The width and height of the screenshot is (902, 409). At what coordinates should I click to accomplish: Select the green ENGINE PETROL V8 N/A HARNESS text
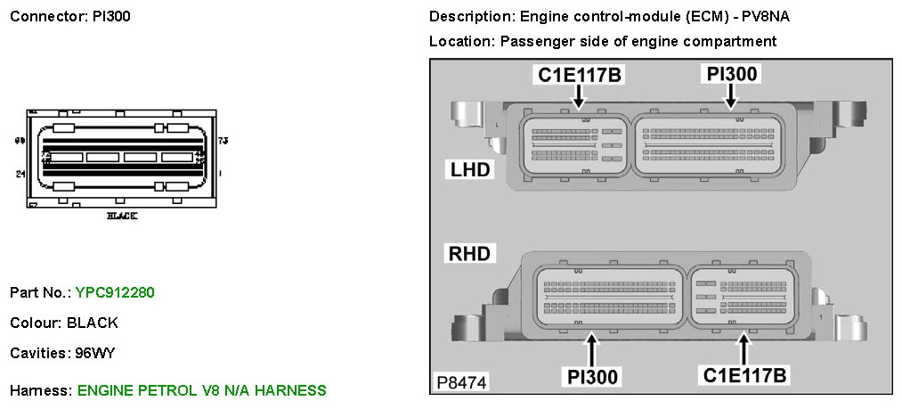click(202, 390)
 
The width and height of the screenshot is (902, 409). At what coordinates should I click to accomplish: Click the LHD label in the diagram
click(469, 168)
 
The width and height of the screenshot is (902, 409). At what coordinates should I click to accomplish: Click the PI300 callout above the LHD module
click(732, 74)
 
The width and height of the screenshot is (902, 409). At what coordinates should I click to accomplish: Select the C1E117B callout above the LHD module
click(580, 75)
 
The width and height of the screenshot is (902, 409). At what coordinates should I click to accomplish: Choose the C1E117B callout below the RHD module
click(745, 376)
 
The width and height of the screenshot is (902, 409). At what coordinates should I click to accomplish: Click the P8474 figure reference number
click(461, 384)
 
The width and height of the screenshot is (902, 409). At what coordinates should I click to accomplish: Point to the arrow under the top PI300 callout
click(732, 99)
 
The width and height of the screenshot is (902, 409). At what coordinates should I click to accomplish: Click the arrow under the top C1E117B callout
click(580, 99)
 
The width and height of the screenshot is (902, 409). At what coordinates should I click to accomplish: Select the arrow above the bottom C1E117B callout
click(745, 347)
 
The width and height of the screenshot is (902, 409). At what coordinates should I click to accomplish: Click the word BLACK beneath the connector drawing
click(122, 216)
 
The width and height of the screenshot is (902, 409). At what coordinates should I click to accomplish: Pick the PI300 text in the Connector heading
click(112, 17)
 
